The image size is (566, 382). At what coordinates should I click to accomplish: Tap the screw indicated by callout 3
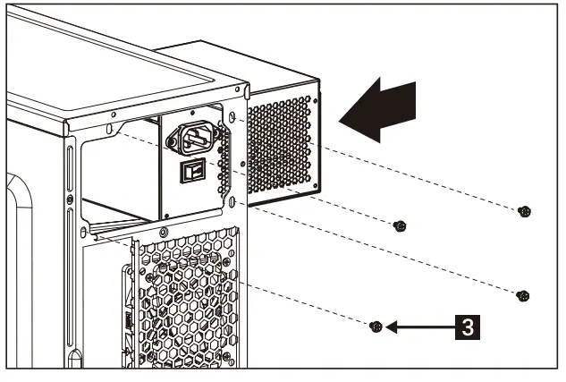(377, 327)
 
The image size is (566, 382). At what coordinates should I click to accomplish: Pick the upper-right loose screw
(525, 211)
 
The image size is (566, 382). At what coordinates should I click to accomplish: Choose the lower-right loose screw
(525, 295)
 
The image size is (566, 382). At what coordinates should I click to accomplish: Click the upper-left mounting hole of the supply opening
(110, 131)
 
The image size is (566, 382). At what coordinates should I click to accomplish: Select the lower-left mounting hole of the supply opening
(85, 233)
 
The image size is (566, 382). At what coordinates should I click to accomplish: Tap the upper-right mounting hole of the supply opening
(231, 117)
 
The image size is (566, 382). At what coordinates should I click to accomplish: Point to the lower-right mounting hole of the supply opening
(231, 204)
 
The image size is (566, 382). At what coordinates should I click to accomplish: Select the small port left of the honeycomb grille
(125, 318)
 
